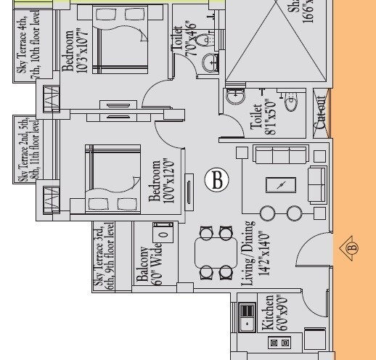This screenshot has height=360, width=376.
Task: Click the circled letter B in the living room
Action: [216, 179]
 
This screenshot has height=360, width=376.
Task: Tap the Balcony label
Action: [142, 264]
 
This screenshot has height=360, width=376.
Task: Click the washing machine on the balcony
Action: [163, 233]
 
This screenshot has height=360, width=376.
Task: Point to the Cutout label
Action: [320, 112]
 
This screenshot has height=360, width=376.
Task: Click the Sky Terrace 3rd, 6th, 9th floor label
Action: [105, 255]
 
